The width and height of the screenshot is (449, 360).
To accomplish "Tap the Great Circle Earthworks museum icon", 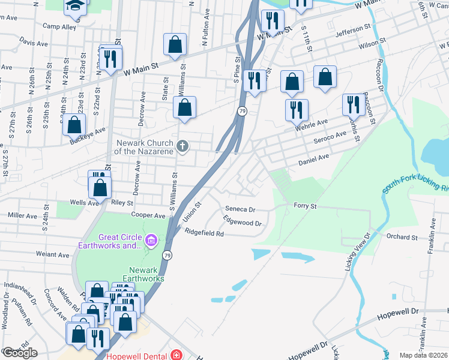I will coord(151,241).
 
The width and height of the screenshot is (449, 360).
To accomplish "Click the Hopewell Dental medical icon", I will coord(175,355).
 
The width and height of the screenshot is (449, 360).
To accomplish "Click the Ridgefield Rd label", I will coord(204,233).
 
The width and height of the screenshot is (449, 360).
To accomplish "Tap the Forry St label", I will coord(305,206).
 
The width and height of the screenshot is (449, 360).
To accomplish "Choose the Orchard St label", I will coord(402,237).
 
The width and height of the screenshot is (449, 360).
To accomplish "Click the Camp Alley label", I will coord(59,27).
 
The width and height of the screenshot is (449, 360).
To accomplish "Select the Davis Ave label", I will coord(34,43).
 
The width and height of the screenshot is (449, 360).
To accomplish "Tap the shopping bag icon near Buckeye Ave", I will coord(74,125).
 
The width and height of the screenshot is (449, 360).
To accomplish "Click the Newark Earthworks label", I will coord(139,274).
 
